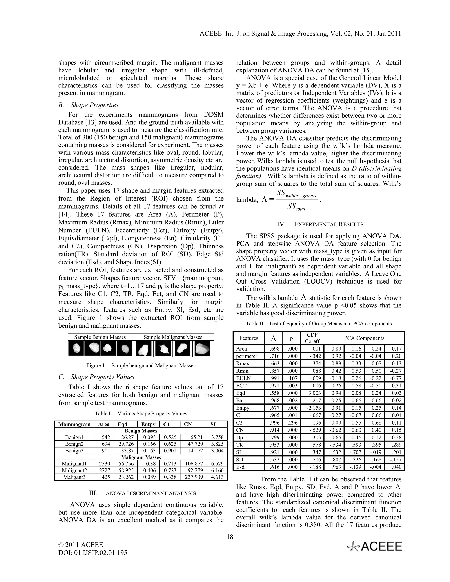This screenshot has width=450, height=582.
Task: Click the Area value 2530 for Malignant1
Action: (x=105, y=464)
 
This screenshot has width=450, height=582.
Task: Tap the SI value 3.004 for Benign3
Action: (x=217, y=451)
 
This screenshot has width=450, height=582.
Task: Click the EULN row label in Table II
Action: (x=243, y=378)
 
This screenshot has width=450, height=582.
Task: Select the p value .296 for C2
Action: (x=291, y=423)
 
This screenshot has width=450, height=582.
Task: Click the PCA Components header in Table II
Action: (x=364, y=338)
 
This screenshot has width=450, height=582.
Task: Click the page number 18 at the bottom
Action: (x=230, y=537)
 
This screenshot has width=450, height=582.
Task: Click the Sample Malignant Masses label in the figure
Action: (x=173, y=337)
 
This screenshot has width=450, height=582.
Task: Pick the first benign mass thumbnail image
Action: (x=76, y=348)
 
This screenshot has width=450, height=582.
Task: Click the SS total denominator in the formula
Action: (x=296, y=206)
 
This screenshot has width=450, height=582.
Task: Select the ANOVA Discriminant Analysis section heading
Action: (x=142, y=493)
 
